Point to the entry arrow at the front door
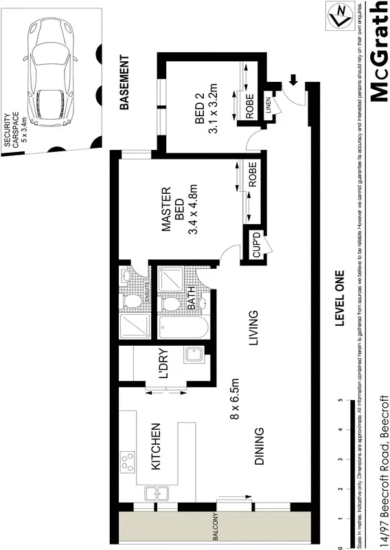[x=293, y=80]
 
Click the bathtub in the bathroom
[x=182, y=327]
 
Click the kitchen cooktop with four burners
[x=128, y=459]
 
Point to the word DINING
[x=260, y=447]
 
